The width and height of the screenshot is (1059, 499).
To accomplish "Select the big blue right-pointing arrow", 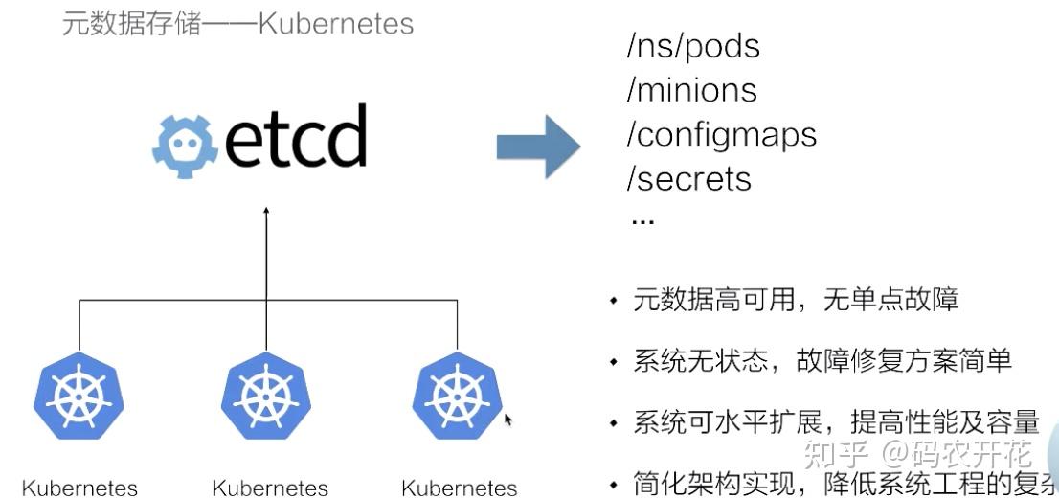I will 538,146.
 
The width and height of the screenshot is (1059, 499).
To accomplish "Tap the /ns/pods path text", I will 693,47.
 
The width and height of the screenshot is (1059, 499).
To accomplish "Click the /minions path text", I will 691,91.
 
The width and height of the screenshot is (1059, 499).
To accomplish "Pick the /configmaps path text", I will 721,135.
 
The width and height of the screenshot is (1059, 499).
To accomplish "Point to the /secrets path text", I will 688,179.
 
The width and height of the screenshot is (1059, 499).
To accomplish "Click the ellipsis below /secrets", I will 642,220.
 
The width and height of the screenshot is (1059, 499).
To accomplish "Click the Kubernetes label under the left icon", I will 79,488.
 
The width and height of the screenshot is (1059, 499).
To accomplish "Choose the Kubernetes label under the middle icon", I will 270,488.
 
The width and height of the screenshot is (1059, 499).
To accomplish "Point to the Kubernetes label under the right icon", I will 460,488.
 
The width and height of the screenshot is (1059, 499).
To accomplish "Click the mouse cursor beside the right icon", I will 508,419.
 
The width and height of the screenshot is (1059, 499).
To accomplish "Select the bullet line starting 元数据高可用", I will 795,301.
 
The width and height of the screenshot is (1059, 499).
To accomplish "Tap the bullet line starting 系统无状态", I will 822,361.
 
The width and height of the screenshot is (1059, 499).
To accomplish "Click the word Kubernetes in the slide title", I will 335,23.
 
